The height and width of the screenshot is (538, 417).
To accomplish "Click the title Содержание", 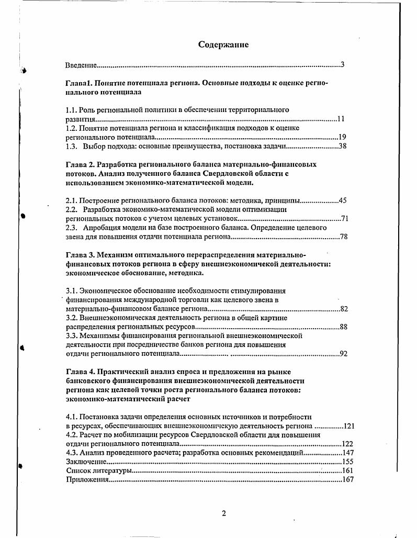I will click(223, 44).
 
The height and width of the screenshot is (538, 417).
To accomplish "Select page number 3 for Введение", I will click(342, 65).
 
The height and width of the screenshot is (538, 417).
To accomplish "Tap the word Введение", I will click(81, 65).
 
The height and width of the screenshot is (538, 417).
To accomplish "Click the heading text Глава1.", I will click(78, 83).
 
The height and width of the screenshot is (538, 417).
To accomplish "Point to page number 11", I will click(341, 119).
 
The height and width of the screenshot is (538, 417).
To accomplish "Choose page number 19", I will click(342, 137).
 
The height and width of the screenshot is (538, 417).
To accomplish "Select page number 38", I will click(343, 146).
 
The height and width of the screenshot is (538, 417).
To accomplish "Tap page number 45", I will click(343, 200).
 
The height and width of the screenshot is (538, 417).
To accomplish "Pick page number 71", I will click(344, 218).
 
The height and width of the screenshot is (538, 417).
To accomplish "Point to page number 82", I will click(344, 309).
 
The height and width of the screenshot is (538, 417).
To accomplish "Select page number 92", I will click(344, 354).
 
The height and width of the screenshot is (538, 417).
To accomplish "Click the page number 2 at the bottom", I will click(223, 513).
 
